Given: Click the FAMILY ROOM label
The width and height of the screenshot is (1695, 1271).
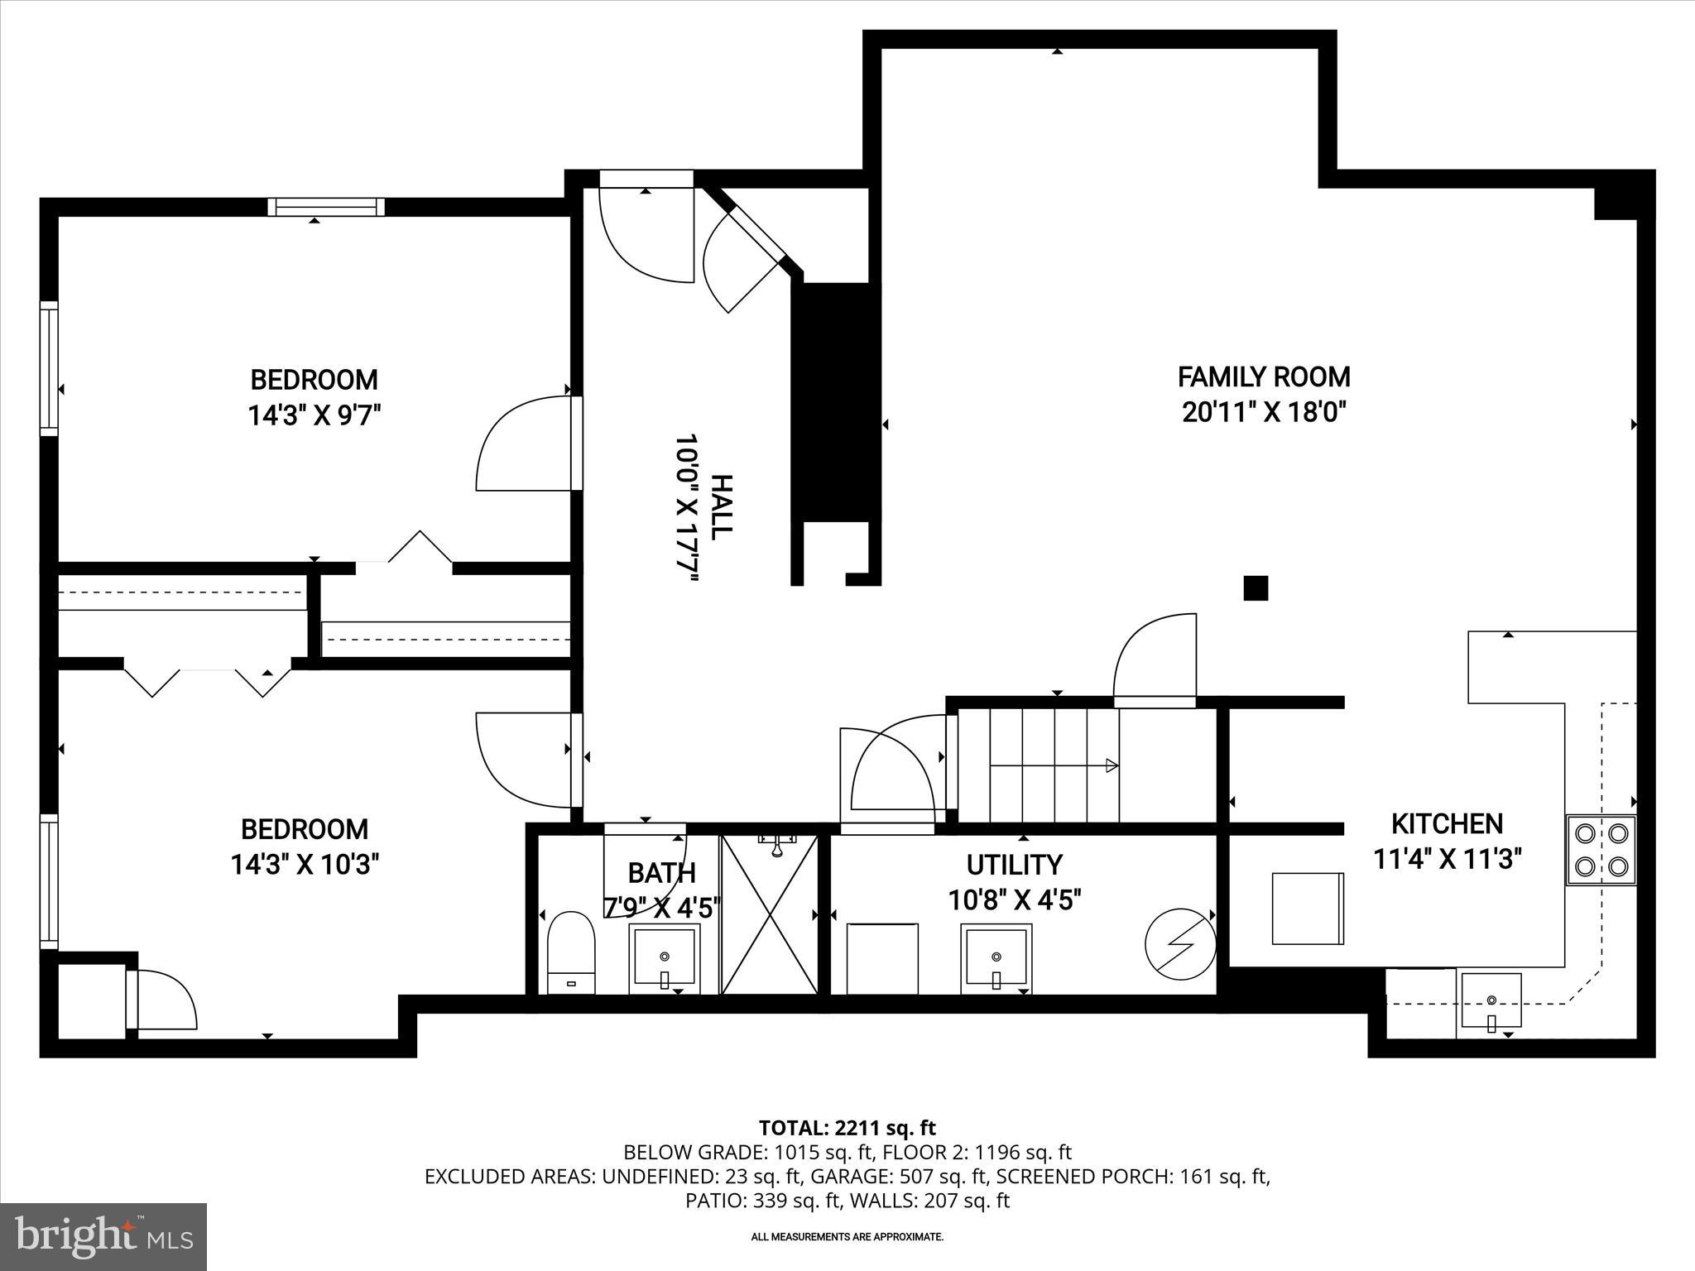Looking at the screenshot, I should pyautogui.click(x=1264, y=377).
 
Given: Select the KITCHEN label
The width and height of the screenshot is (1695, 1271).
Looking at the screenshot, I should pyautogui.click(x=1447, y=823).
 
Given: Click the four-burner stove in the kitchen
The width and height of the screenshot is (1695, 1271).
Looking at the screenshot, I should pyautogui.click(x=1601, y=850).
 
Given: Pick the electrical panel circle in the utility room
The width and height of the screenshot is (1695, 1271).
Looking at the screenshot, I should pyautogui.click(x=1179, y=945).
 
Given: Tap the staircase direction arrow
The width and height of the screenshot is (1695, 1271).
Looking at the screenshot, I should pyautogui.click(x=1112, y=765).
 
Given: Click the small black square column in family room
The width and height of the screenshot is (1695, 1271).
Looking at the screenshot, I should pyautogui.click(x=1256, y=588).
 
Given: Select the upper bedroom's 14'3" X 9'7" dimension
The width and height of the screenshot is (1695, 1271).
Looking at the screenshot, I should pyautogui.click(x=315, y=415).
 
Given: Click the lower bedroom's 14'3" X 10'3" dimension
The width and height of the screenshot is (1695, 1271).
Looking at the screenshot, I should pyautogui.click(x=305, y=865).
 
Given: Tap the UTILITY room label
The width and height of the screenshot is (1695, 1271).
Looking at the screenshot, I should pyautogui.click(x=1014, y=865).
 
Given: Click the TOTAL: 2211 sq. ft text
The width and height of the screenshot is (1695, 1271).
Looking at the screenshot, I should pyautogui.click(x=847, y=1128).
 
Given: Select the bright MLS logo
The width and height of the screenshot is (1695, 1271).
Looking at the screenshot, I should pyautogui.click(x=103, y=1236).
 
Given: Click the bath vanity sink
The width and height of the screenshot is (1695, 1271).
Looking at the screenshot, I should pyautogui.click(x=665, y=958).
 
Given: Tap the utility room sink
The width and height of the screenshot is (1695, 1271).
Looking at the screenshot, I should pyautogui.click(x=996, y=958).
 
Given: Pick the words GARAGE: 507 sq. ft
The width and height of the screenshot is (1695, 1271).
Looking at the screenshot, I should pyautogui.click(x=899, y=1176).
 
